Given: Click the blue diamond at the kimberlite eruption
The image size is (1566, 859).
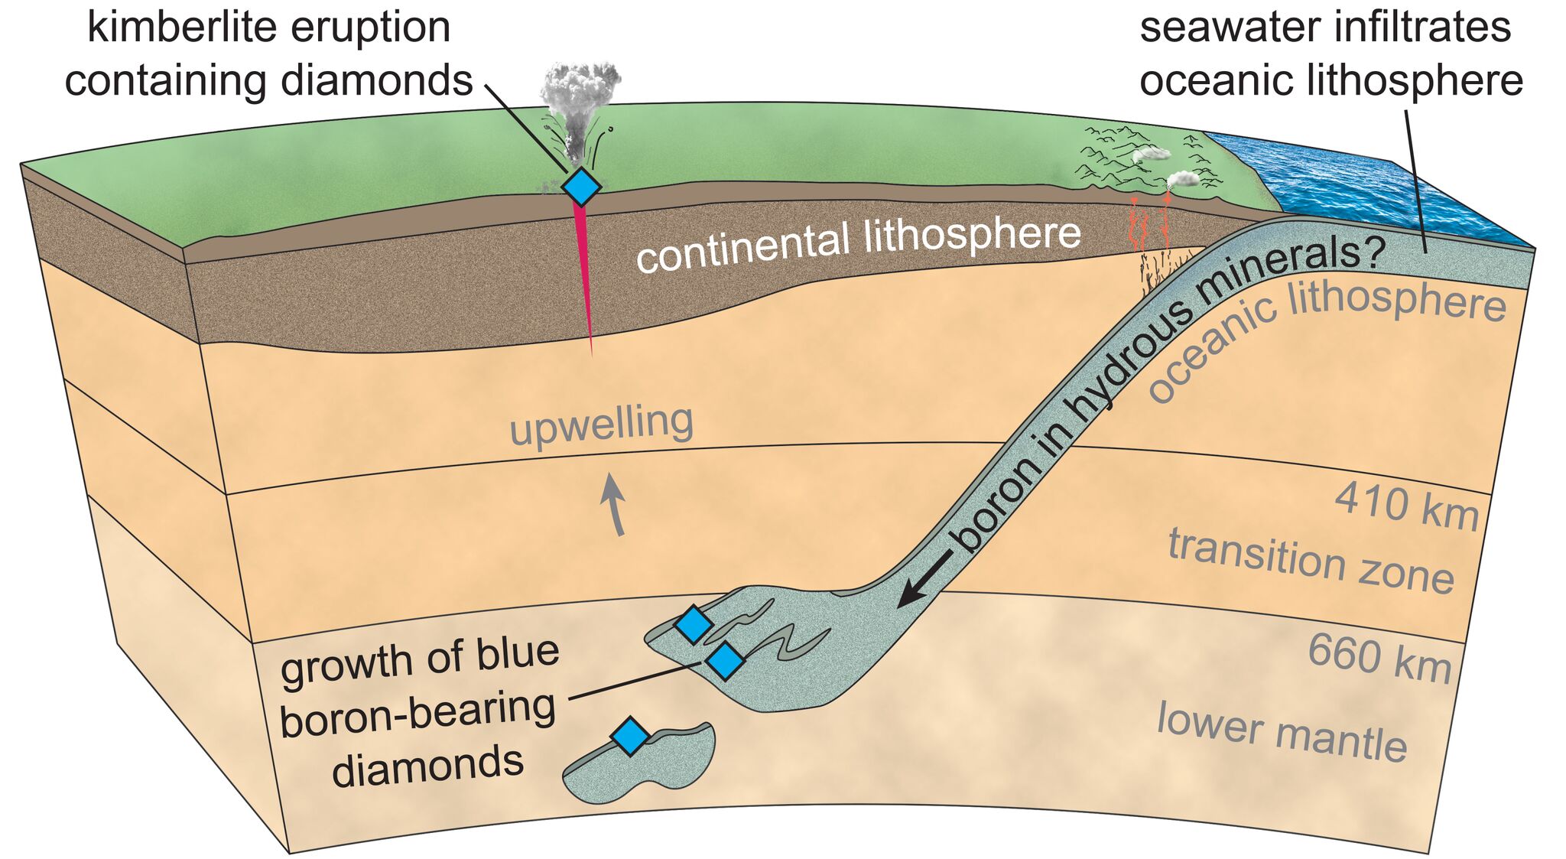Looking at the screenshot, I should (x=581, y=186).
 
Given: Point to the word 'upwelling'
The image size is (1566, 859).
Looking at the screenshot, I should (x=602, y=425).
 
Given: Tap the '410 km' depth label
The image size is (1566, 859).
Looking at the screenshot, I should (x=1406, y=506).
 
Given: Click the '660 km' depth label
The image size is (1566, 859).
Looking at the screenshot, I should (x=1379, y=658).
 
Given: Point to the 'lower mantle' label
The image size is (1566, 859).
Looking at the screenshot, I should (x=1282, y=732).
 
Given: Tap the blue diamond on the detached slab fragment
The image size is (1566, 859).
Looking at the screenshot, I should (x=630, y=736).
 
